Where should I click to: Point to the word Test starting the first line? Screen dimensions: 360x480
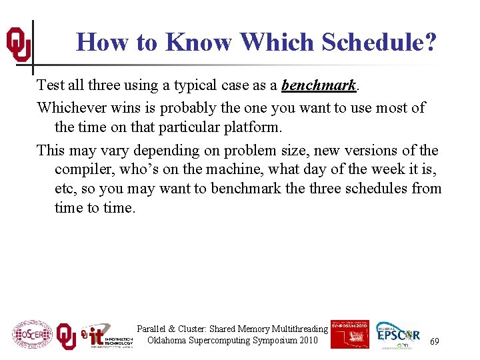coord(50,85)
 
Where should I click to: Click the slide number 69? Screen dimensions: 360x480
coord(434,341)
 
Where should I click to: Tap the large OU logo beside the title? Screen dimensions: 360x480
coord(18,45)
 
